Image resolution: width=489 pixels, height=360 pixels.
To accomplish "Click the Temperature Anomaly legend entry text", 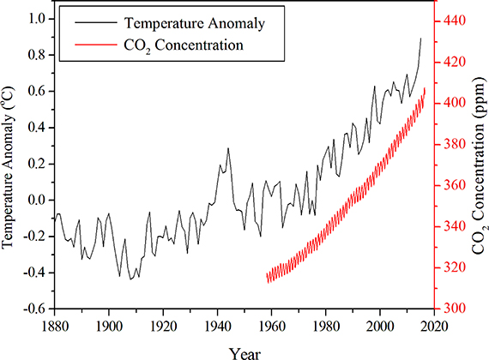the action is click(x=195, y=24).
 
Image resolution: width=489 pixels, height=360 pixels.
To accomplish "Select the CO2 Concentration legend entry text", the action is click(x=184, y=45).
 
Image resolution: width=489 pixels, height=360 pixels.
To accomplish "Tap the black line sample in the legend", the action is click(x=96, y=22).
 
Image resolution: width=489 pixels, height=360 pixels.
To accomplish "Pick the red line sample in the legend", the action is click(x=96, y=45).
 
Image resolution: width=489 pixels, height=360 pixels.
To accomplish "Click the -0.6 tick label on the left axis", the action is click(x=37, y=309).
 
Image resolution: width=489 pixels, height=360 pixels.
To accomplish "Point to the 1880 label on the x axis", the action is click(x=55, y=326).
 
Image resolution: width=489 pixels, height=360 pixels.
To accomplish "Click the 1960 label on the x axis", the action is click(x=272, y=326).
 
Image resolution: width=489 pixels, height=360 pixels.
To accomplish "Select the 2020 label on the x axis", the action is click(x=434, y=326).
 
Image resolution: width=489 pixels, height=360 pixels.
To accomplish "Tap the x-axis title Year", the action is click(x=244, y=354).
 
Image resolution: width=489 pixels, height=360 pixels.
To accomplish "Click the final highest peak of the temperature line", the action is click(x=420, y=39).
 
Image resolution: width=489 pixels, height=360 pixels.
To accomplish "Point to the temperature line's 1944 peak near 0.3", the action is click(x=228, y=148).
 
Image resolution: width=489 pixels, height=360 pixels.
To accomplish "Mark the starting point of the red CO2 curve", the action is click(x=267, y=275).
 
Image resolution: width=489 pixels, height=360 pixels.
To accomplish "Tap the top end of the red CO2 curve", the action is click(x=425, y=88).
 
